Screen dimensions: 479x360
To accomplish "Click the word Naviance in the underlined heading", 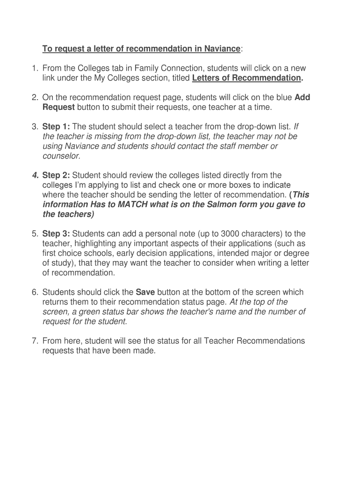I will [222, 49].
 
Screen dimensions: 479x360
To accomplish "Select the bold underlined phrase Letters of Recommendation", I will [246, 78].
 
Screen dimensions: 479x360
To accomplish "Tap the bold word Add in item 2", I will [302, 98].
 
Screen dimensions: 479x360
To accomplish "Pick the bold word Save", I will [145, 292].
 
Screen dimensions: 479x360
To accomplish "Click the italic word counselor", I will [61, 156].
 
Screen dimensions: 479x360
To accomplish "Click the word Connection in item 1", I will [175, 68].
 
